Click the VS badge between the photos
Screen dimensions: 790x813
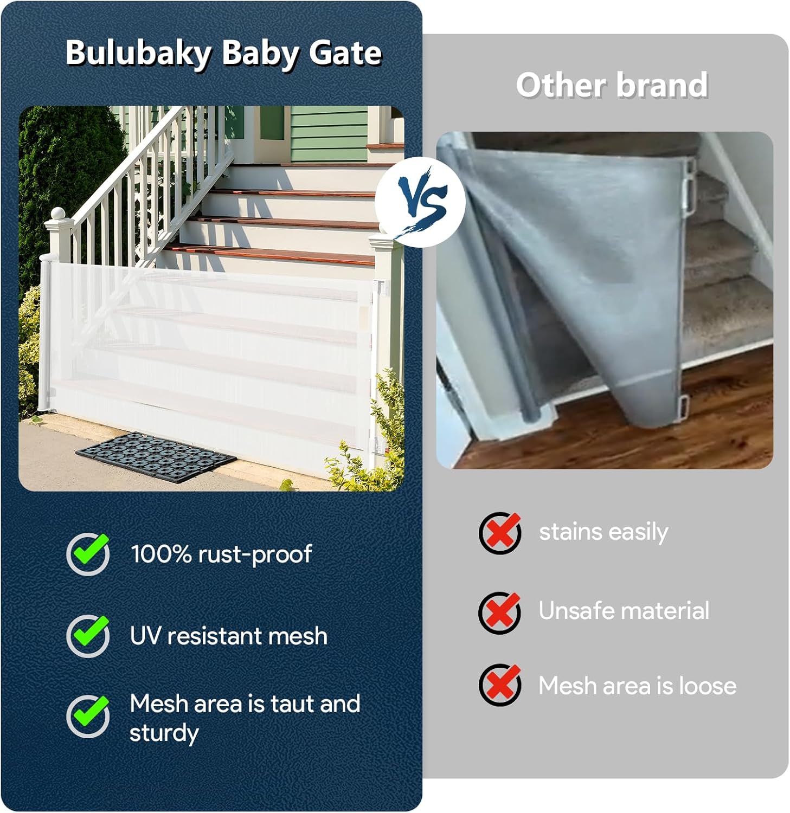(x=420, y=202)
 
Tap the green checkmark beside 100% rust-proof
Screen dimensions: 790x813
(x=88, y=553)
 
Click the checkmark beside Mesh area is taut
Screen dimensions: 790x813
(x=88, y=715)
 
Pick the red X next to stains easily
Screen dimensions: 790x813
(x=500, y=532)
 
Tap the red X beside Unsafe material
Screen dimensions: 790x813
(x=500, y=612)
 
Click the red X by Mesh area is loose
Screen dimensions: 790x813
(x=500, y=685)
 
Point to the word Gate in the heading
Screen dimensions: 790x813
(x=345, y=53)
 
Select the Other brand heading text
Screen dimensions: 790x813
(x=612, y=85)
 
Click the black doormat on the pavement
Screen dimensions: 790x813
(x=156, y=457)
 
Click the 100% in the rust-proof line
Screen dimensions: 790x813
(x=161, y=554)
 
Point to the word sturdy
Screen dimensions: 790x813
(x=164, y=733)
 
